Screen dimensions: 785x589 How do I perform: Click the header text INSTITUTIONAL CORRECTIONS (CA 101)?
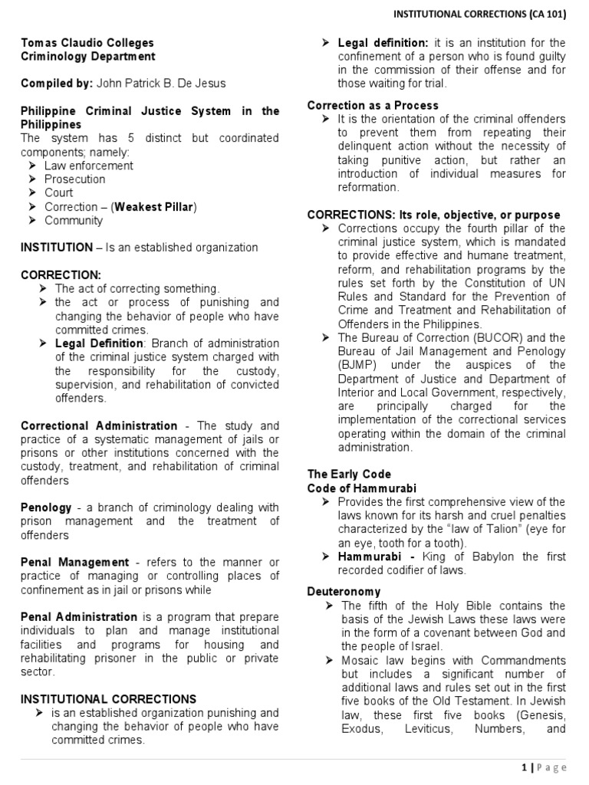(x=481, y=14)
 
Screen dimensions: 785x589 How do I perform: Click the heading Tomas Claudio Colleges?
(x=87, y=43)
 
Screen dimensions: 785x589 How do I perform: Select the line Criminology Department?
(x=87, y=56)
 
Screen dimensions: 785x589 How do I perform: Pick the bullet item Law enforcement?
(x=88, y=165)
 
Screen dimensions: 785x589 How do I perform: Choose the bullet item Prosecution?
(x=74, y=179)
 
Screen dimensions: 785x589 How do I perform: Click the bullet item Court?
(x=58, y=192)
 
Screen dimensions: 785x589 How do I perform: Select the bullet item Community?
(x=73, y=220)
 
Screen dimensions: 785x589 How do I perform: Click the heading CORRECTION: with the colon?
(x=61, y=274)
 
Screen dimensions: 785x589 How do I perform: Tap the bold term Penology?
(x=46, y=507)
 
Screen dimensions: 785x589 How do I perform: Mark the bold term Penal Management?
(x=74, y=562)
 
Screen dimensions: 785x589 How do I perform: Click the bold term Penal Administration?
(x=79, y=616)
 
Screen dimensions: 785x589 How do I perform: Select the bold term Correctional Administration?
(x=99, y=425)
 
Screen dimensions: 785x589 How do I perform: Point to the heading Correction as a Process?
(x=373, y=105)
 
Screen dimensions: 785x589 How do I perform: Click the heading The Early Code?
(x=349, y=474)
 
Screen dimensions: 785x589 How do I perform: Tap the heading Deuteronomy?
(x=344, y=592)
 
